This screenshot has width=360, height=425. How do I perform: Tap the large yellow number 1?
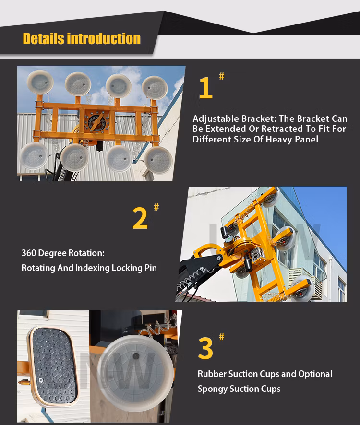[205, 88]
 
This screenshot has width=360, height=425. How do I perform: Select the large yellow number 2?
[140, 218]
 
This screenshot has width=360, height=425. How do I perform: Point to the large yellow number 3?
[205, 348]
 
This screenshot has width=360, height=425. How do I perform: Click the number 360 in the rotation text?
[28, 253]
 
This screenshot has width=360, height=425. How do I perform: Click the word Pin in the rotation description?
[151, 268]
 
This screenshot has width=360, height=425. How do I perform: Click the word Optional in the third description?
[315, 374]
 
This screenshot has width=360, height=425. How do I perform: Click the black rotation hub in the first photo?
[97, 123]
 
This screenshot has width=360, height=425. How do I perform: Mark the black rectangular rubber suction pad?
[54, 366]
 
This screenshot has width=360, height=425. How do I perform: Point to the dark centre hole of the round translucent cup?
[136, 356]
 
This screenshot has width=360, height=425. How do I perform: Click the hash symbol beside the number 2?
[156, 207]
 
